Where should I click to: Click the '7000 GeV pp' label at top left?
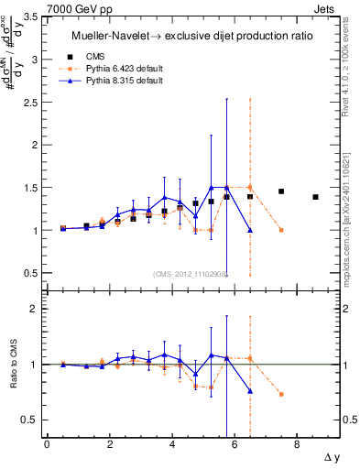tap(34, 7)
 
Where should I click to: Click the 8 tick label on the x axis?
tap(298, 444)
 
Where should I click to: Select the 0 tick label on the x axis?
tap(47, 444)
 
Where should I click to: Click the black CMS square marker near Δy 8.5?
tap(315, 197)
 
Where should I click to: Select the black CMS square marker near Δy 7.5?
tap(281, 191)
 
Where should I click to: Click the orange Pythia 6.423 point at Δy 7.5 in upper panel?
tap(281, 230)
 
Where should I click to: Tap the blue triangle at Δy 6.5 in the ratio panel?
tap(250, 391)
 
